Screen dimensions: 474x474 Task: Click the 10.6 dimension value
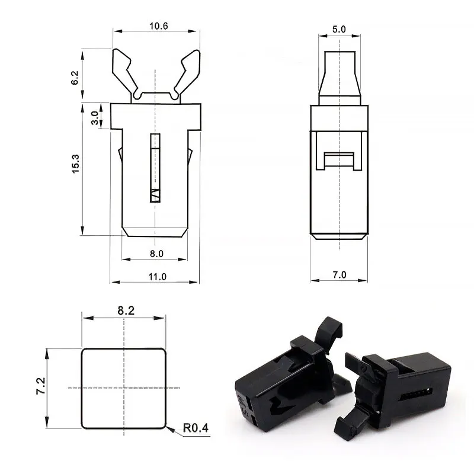click(x=155, y=25)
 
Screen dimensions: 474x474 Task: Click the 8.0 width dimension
click(x=156, y=253)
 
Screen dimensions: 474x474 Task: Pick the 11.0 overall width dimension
click(x=156, y=276)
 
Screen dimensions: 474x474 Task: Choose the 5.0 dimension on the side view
click(x=340, y=28)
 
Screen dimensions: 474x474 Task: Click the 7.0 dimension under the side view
click(x=340, y=274)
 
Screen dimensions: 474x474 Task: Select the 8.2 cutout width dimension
click(x=124, y=309)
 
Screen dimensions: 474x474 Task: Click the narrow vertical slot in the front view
click(x=155, y=168)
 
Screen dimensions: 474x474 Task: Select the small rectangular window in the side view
click(x=340, y=160)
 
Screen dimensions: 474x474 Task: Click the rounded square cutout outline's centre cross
click(x=124, y=387)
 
